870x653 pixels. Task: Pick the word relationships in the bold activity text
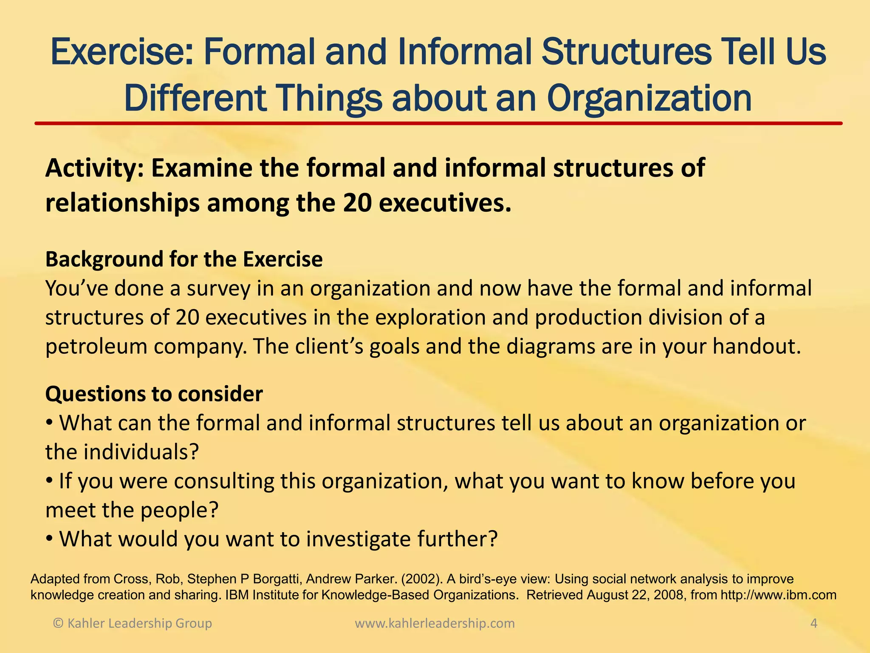[122, 203]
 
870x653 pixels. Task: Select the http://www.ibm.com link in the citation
[779, 595]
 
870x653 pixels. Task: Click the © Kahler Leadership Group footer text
[132, 623]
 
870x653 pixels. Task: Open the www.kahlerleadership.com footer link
[435, 623]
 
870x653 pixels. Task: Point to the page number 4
[814, 623]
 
